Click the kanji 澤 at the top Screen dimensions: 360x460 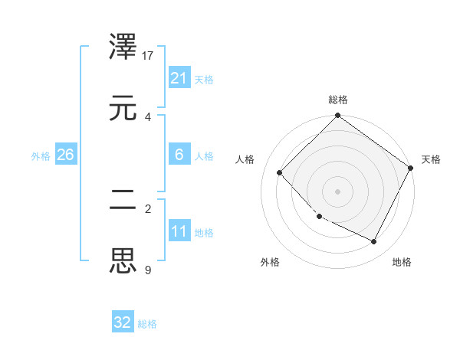pyautogui.click(x=124, y=48)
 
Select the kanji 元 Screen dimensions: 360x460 pyautogui.click(x=124, y=107)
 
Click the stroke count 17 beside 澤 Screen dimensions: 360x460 pyautogui.click(x=149, y=56)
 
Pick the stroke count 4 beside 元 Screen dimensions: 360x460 pyautogui.click(x=148, y=116)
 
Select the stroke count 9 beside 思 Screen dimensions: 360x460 pyautogui.click(x=148, y=269)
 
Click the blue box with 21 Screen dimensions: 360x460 pyautogui.click(x=179, y=78)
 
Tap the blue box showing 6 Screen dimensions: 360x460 pyautogui.click(x=179, y=155)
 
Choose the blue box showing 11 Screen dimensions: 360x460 pyautogui.click(x=179, y=231)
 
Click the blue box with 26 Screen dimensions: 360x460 pyautogui.click(x=65, y=155)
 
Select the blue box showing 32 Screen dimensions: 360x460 pyautogui.click(x=123, y=322)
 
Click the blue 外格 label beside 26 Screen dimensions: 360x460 pyautogui.click(x=41, y=156)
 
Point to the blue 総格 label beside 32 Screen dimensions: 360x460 pyautogui.click(x=147, y=324)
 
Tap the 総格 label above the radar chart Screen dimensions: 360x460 pyautogui.click(x=338, y=100)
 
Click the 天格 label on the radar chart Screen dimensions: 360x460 pyautogui.click(x=432, y=159)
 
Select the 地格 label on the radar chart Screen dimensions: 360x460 pyautogui.click(x=402, y=262)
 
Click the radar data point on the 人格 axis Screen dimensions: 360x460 pyautogui.click(x=280, y=172)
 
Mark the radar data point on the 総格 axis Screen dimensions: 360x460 pyautogui.click(x=338, y=116)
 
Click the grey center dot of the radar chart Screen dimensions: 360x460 pyautogui.click(x=338, y=191)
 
